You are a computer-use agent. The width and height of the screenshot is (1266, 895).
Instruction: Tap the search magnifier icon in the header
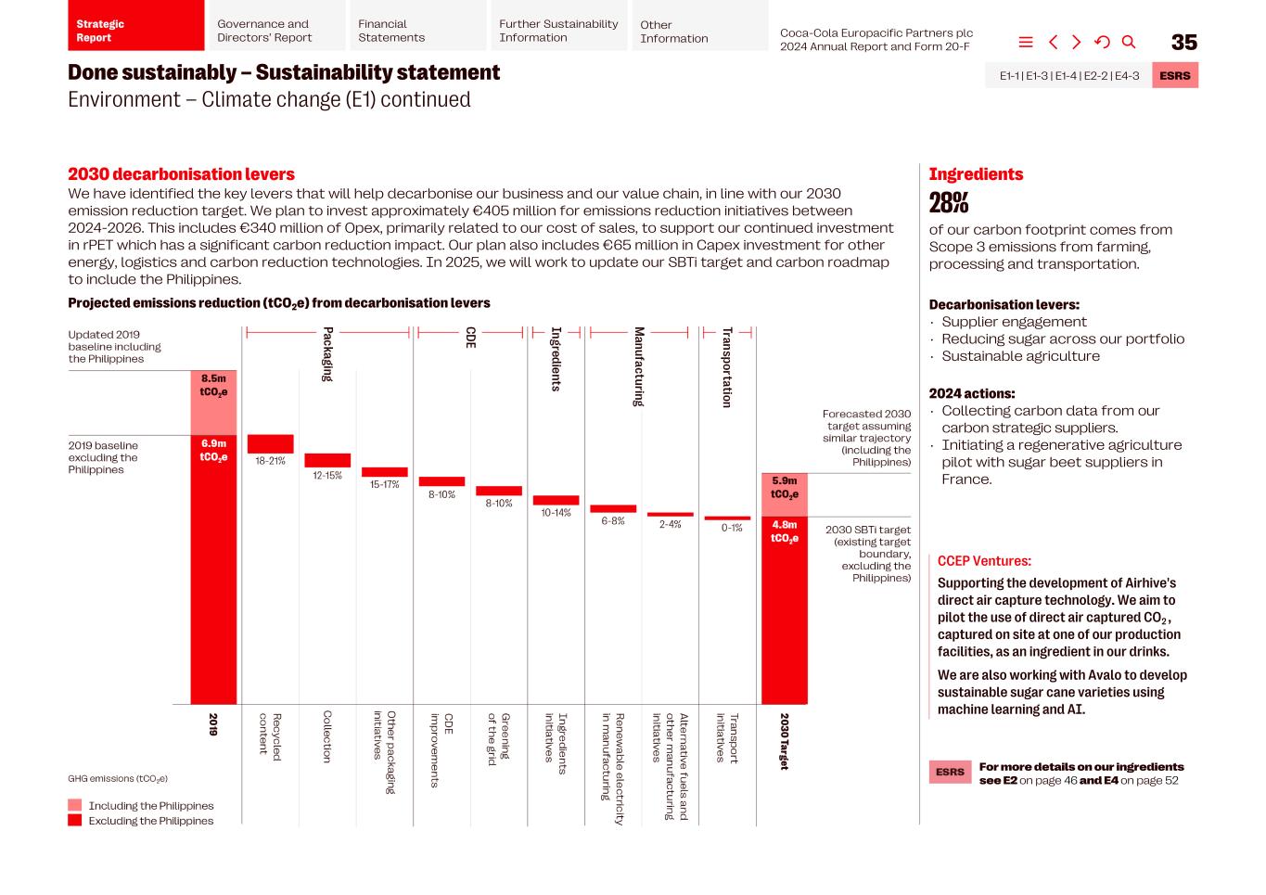point(1129,42)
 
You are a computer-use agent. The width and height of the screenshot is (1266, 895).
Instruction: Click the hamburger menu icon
point(1026,42)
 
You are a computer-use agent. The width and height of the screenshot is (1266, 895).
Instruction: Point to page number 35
point(1184,43)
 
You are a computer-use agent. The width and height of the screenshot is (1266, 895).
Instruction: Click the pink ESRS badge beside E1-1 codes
point(1175,75)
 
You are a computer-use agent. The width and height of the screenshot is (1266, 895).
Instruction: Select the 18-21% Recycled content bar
point(270,444)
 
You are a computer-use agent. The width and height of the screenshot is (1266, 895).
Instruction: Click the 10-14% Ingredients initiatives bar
point(556,500)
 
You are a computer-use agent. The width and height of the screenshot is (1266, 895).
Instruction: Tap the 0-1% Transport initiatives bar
point(727,518)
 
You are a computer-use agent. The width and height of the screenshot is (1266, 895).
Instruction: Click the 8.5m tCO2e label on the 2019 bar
point(213,385)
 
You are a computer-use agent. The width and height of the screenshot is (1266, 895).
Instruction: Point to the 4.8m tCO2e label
point(785,531)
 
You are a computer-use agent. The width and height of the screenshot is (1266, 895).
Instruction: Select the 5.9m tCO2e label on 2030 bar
point(785,488)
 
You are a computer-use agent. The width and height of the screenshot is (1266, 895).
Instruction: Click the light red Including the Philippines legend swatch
point(75,805)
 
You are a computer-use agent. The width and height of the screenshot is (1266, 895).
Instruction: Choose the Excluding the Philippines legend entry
point(150,821)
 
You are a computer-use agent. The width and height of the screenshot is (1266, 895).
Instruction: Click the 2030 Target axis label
point(784,741)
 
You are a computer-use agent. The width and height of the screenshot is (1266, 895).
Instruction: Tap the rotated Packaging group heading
point(327,353)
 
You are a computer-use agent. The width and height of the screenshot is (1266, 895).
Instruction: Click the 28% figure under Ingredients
point(949,202)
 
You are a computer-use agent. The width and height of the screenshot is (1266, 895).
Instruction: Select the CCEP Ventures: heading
point(983,561)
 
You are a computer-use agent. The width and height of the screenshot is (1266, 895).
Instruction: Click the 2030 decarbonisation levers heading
point(181,174)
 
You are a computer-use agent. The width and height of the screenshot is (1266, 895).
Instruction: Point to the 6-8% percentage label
point(613,521)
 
